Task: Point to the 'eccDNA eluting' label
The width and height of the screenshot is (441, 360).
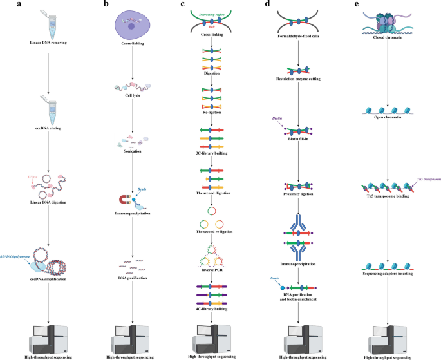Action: coord(44,129)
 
